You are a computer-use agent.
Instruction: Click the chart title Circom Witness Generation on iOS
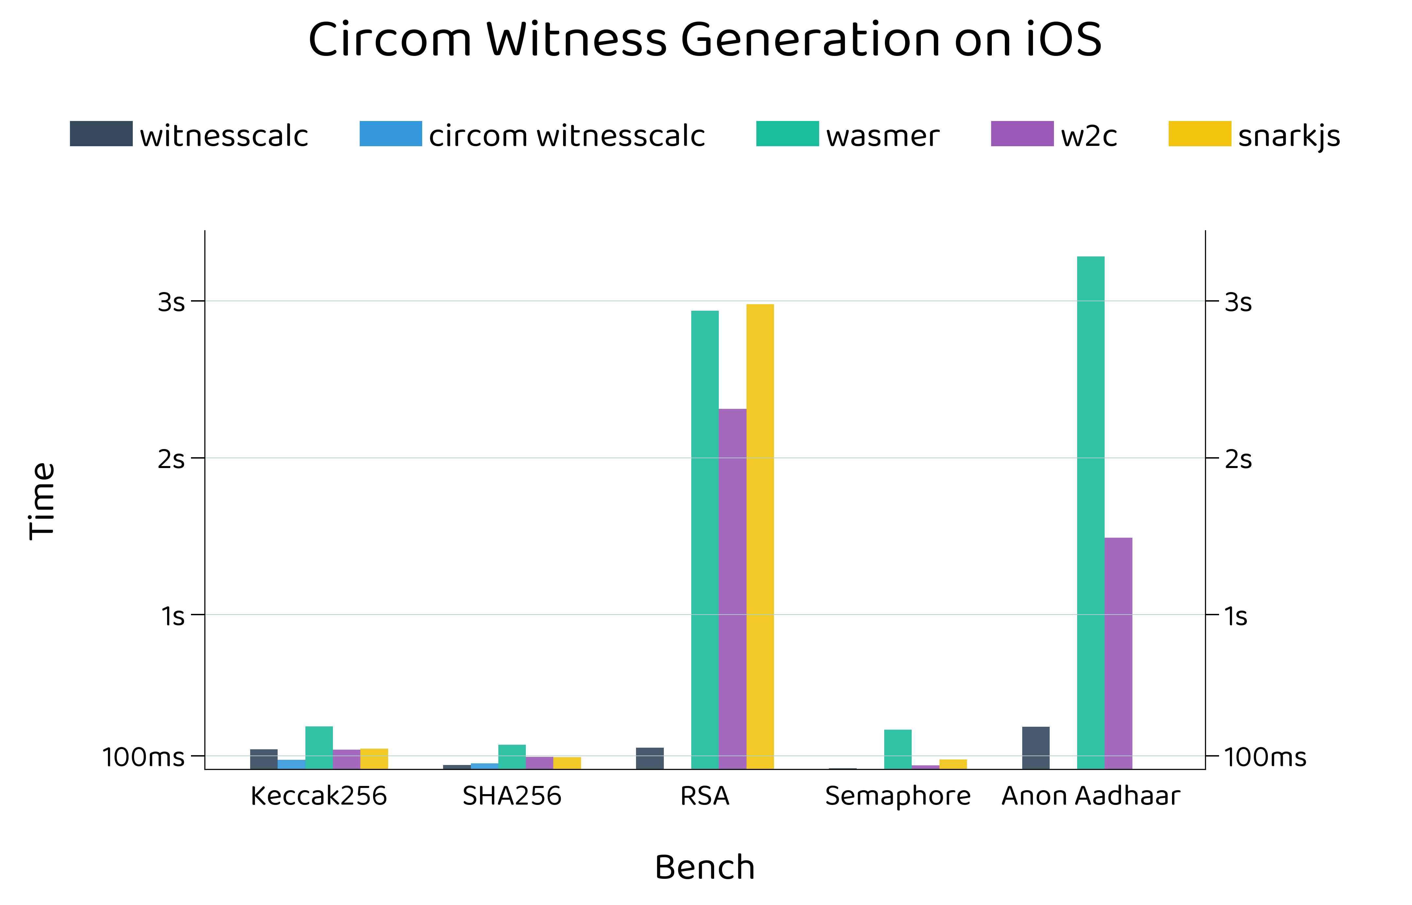[705, 40]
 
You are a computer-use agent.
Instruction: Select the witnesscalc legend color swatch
[101, 134]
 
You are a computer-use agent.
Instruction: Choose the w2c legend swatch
[1022, 134]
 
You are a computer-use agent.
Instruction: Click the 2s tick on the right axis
[1238, 459]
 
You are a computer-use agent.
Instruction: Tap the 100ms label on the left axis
[143, 757]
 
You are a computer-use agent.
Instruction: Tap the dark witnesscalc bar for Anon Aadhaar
[1036, 747]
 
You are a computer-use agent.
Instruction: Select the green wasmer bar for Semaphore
[898, 749]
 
